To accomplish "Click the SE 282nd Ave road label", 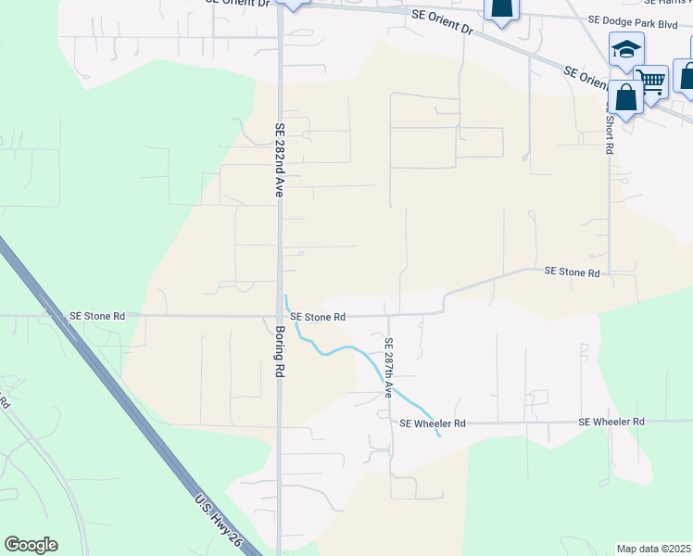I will pos(278,159).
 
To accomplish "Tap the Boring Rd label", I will pos(279,349).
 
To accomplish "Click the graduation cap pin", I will pos(626,49).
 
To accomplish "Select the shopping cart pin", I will pos(651,82).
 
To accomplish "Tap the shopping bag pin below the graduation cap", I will pos(625,97).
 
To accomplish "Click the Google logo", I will pos(31,545).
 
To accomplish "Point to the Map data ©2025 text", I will pos(653,549).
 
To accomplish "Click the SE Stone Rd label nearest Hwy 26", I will pos(97,316).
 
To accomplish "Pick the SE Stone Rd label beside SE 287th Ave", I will pos(318,317).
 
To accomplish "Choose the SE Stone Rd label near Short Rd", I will pos(572,272).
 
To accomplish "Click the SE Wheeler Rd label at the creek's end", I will pos(432,423).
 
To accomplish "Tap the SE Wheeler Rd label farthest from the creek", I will pos(611,423).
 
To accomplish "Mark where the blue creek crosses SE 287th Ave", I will pos(390,384).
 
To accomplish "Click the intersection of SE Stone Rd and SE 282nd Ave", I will pos(280,316).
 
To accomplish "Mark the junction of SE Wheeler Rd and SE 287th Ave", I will pos(390,423).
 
